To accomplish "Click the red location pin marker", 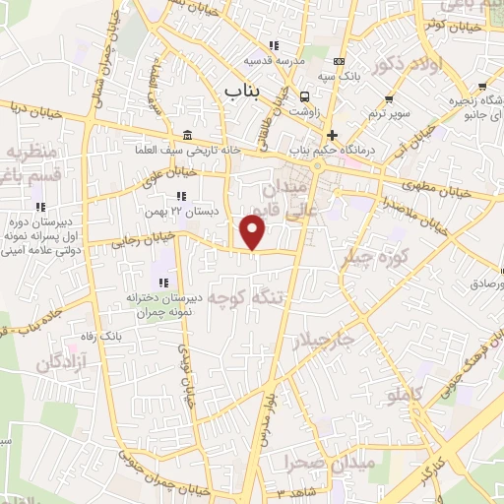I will click(x=253, y=232).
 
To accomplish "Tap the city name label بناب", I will click(x=246, y=92).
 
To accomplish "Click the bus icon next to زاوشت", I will click(x=306, y=96).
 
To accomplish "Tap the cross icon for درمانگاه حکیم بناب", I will click(x=332, y=135).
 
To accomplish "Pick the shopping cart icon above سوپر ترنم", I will click(x=391, y=98).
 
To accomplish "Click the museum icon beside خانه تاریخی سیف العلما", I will click(x=187, y=136).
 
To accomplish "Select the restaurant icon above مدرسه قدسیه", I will click(x=274, y=45).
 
